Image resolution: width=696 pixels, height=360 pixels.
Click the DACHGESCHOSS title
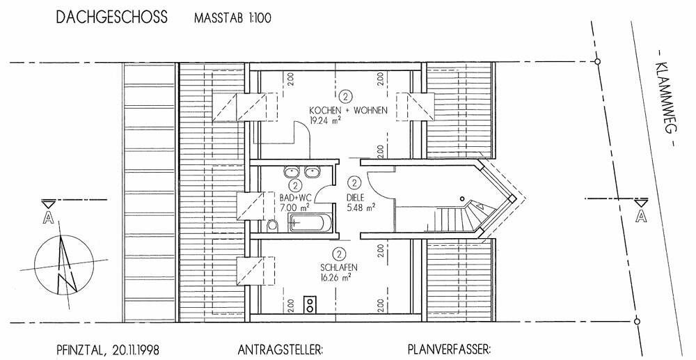111,17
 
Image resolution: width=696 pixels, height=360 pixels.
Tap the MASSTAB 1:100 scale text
233,18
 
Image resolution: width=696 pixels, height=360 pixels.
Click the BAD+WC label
294,197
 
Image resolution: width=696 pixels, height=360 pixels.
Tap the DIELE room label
356,197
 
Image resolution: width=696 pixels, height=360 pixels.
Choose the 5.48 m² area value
361,208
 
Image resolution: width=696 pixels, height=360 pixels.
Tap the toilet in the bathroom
274,224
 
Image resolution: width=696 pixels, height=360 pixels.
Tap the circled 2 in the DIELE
355,184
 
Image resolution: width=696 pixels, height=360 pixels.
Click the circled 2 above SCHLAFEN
340,254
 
